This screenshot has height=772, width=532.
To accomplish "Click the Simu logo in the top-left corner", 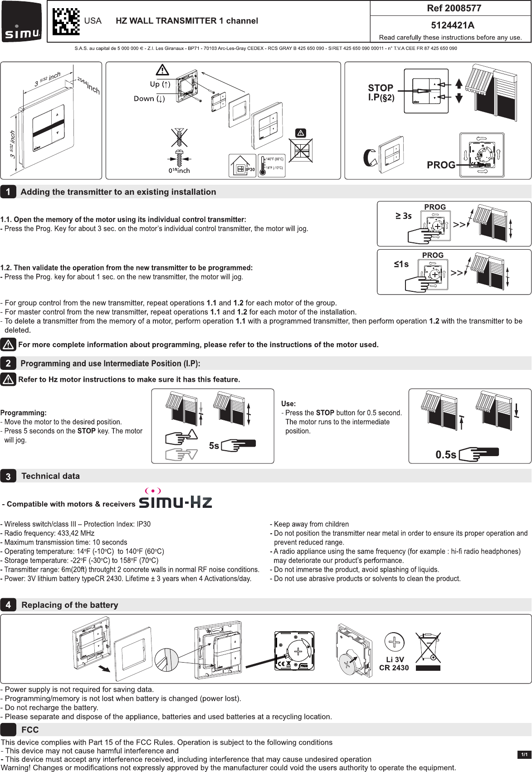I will [22, 21].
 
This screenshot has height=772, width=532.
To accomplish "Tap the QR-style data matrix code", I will [66, 21].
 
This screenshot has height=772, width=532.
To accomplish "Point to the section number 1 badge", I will [8, 192].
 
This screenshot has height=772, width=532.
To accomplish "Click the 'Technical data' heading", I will [50, 476].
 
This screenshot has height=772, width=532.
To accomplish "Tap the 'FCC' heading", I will [30, 730].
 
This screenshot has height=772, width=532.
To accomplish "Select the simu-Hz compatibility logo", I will [175, 499].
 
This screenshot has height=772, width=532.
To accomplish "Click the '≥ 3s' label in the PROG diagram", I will [403, 216].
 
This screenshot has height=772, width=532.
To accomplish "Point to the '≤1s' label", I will [401, 264].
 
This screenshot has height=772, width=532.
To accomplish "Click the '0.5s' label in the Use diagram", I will [446, 455].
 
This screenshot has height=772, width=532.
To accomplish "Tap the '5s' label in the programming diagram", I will [214, 446].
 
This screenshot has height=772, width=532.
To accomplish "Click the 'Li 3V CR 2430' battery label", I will [394, 664].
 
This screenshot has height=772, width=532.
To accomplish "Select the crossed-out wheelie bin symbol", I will [428, 648].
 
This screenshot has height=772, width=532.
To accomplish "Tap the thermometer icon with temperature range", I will [271, 166].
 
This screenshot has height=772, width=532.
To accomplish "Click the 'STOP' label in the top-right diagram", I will [381, 88].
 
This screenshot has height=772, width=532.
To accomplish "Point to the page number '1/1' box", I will [524, 754].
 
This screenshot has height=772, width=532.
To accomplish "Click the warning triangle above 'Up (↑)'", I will [162, 70].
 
